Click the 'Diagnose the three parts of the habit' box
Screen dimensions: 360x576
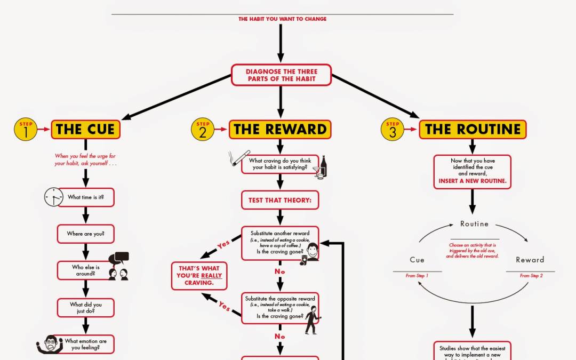[281, 75]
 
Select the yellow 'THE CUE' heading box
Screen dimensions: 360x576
[85, 129]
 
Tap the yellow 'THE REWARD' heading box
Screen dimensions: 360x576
[280, 129]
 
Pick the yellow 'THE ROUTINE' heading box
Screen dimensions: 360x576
[473, 129]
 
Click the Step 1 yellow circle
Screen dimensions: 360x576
[26, 130]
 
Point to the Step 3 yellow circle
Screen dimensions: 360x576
[393, 130]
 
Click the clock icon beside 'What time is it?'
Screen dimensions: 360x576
[53, 197]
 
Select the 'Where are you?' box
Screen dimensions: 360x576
[85, 234]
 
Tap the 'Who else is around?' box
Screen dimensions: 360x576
[85, 270]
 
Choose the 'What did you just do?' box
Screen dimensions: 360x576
[85, 308]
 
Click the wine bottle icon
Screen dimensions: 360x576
[323, 166]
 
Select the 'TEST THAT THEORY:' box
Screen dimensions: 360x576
[280, 201]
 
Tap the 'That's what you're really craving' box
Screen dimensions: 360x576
[199, 275]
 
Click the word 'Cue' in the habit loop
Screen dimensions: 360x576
[417, 260]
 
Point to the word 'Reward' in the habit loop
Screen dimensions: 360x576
[530, 260]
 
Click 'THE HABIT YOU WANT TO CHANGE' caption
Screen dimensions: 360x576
[282, 19]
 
